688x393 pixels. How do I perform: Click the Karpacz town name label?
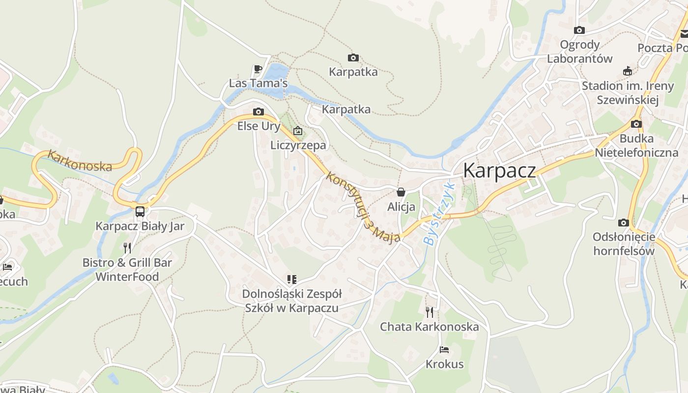499,170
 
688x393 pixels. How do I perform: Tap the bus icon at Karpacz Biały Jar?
140,212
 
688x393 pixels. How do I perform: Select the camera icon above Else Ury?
258,112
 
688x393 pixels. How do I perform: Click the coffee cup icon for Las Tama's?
258,69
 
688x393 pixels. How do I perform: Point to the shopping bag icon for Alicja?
401,192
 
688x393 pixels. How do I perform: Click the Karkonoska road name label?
80,161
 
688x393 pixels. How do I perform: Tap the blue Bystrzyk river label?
437,214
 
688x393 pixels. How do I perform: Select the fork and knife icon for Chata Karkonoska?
430,312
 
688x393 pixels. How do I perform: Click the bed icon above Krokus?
444,350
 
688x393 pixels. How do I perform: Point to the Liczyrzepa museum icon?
297,131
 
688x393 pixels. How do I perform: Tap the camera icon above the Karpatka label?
353,58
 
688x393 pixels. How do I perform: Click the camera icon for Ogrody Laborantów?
579,30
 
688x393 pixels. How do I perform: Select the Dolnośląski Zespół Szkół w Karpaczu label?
291,301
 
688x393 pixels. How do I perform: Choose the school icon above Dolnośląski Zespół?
292,280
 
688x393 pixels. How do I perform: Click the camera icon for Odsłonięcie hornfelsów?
624,223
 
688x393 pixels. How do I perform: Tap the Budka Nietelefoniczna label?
636,145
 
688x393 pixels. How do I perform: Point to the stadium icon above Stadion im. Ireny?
627,71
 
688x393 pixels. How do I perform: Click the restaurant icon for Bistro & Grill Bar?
127,248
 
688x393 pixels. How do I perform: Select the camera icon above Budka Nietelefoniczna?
636,124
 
